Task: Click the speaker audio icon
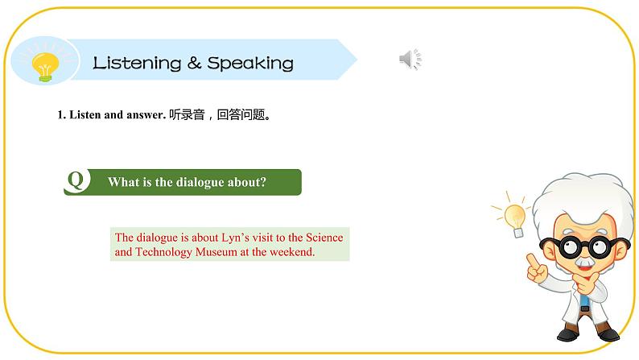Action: tap(410, 60)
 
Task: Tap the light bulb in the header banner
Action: tap(45, 65)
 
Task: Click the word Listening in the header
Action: tap(136, 63)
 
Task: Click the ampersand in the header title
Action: tap(194, 63)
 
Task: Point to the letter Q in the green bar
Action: tap(76, 181)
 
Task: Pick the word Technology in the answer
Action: tap(165, 252)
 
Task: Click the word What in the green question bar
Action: tap(122, 182)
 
